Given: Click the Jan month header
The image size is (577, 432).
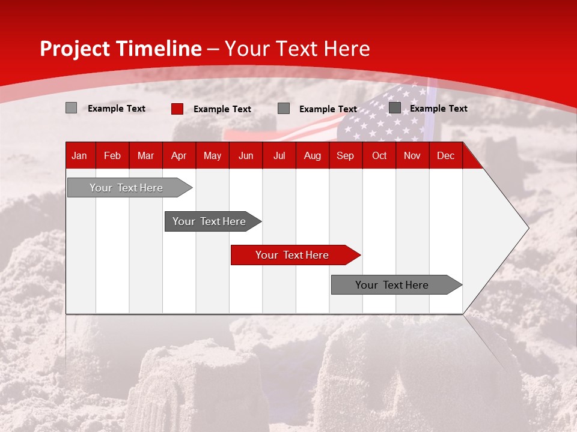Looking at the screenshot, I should point(79,155).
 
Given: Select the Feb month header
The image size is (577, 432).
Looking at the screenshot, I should point(112,155).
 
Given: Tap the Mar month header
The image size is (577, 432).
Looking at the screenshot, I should point(145,155).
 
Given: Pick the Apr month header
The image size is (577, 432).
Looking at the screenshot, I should point(179,155).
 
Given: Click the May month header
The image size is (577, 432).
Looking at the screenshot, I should point(212,155).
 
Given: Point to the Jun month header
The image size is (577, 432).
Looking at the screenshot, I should point(246,155).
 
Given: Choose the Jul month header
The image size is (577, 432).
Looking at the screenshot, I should point(279,155).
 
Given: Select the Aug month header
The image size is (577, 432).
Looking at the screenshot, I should point(313,155).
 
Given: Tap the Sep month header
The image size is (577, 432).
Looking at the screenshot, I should point(345,155).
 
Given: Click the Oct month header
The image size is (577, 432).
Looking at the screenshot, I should point(379,155).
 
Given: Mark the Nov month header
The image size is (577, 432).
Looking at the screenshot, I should point(412,155).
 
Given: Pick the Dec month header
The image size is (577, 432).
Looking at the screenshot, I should point(445,155).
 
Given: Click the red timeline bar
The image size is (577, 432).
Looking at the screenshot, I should point(293,255).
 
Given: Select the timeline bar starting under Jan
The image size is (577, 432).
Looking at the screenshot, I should point(127,188).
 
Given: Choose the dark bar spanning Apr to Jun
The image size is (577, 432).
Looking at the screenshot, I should point(210,221).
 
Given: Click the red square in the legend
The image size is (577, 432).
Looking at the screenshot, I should point(177,109).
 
